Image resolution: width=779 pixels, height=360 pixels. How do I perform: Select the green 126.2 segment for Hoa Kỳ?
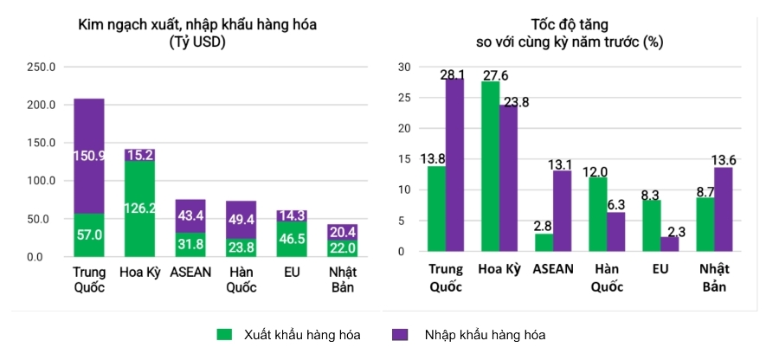pos(139,209)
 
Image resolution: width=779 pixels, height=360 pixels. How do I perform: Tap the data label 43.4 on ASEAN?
pos(190,215)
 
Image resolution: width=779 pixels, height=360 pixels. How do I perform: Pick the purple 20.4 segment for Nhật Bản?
pos(343,232)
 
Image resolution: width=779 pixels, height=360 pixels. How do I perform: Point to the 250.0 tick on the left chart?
pos(42,67)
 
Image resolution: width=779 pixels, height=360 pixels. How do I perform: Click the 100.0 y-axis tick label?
pos(42,181)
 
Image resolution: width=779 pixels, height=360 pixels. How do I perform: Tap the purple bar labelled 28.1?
pos(454,164)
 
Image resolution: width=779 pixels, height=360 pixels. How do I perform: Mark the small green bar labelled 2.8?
pos(544,242)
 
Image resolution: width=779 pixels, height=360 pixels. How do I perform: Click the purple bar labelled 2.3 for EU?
pos(670,244)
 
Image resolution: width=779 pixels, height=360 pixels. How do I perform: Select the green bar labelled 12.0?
pos(597,214)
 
